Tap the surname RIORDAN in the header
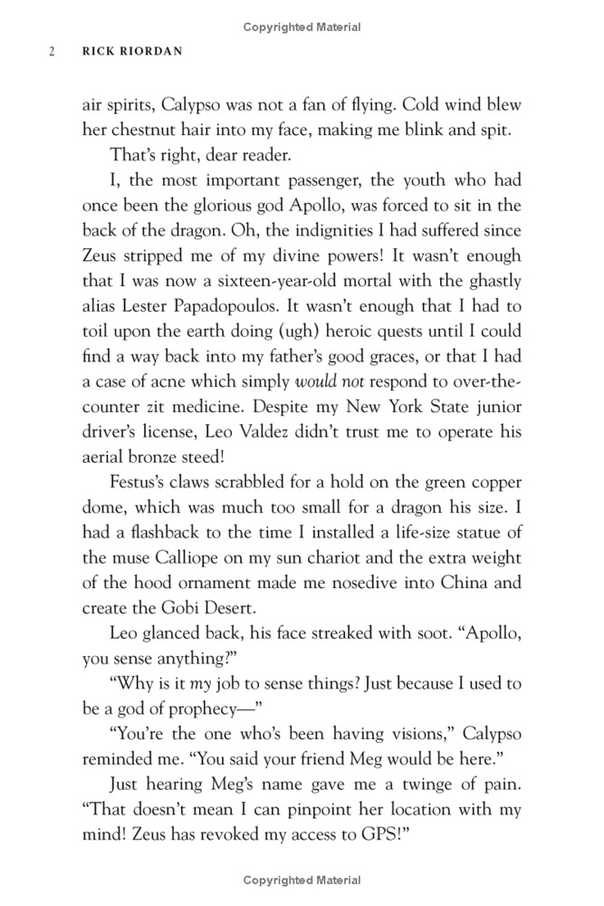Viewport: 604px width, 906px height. [x=153, y=52]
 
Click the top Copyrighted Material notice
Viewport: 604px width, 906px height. [x=302, y=27]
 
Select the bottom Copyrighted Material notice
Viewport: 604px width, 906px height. [x=302, y=879]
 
